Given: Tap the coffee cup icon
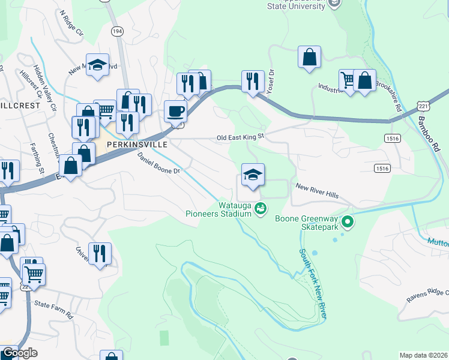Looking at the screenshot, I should pyautogui.click(x=175, y=112).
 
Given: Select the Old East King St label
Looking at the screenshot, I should pyautogui.click(x=240, y=137).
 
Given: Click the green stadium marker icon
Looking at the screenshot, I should pyautogui.click(x=260, y=209).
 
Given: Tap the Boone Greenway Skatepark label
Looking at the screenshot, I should pyautogui.click(x=307, y=218).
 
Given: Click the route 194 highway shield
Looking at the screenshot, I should pyautogui.click(x=117, y=30).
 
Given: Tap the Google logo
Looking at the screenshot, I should pyautogui.click(x=20, y=353).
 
